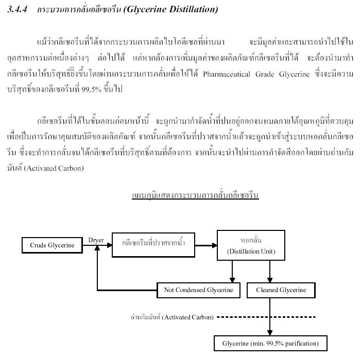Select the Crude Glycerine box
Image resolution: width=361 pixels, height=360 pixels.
point(52,245)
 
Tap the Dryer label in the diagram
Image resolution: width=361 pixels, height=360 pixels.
point(96,240)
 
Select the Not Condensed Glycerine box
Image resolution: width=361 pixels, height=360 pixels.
point(198,290)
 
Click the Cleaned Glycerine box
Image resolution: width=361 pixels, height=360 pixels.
point(281,290)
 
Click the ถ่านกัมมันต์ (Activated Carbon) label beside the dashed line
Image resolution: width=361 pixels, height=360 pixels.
point(172,317)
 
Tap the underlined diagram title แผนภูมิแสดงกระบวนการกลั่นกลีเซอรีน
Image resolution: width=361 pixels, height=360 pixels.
point(195,196)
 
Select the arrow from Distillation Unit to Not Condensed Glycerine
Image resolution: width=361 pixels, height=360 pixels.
point(233,271)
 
